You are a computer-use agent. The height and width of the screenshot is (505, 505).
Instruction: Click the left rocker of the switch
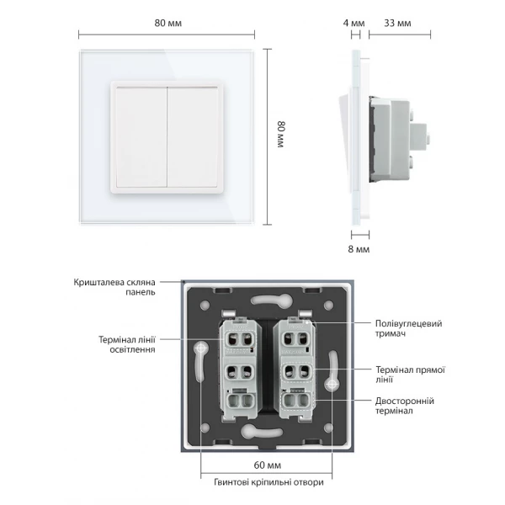coord(141,137)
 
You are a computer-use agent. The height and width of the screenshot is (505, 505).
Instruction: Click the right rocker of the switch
coord(193,137)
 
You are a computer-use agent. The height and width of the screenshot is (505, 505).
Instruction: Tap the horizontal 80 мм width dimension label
coord(167,24)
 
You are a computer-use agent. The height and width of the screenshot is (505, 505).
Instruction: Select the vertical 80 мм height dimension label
coord(281,135)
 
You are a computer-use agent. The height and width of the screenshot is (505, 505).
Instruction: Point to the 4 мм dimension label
coord(354,24)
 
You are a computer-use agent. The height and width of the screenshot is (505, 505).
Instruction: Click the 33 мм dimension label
coord(397,24)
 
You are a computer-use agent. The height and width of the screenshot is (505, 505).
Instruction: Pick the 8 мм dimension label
coord(359,249)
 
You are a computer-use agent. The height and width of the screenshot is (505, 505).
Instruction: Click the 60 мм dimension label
coord(268,465)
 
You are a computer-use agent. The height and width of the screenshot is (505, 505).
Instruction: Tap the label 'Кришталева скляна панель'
coord(114,287)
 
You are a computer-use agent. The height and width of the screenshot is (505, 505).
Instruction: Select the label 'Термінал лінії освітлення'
coord(127,344)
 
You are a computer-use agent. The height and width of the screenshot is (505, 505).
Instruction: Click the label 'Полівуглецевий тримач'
coord(408,328)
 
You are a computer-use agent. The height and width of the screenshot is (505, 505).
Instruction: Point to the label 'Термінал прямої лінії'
coord(411,375)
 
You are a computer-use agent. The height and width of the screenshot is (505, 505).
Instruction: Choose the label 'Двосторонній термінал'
coord(405,406)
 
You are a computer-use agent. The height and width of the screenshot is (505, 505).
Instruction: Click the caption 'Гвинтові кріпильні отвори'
coord(268,482)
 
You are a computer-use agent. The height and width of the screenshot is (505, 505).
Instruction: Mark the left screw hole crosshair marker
coord(200,348)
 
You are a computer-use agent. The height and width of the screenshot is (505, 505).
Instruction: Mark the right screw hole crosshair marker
coord(332,384)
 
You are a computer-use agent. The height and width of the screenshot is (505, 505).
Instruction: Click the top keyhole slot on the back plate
coord(272,300)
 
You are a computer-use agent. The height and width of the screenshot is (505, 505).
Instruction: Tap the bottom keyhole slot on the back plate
coord(262,431)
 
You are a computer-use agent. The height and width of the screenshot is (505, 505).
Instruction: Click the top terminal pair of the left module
coord(239,339)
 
